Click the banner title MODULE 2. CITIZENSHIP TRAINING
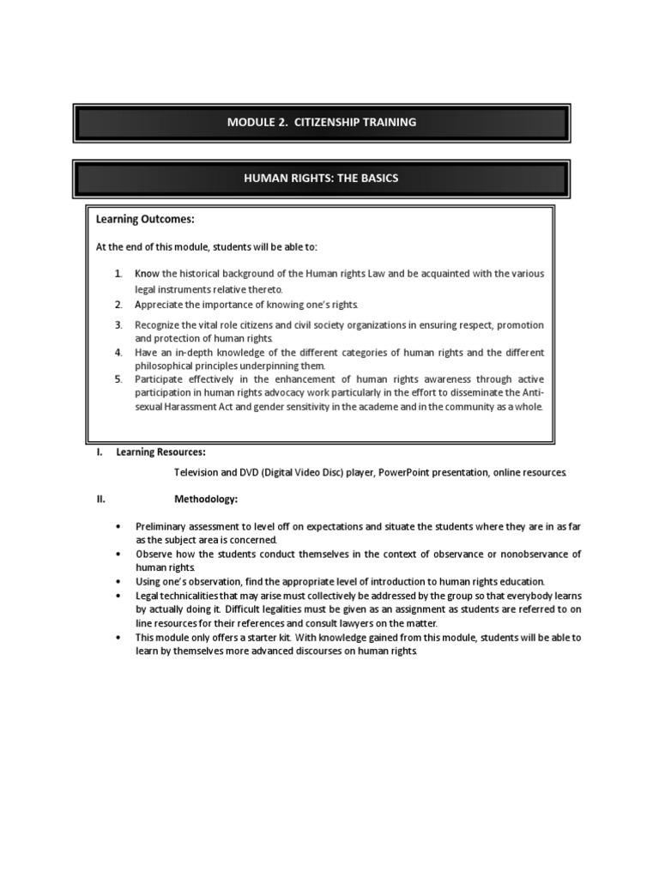(x=322, y=122)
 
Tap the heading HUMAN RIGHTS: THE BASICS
(x=321, y=179)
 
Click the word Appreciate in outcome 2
(x=160, y=305)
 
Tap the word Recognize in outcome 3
(x=160, y=325)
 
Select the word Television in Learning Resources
(x=198, y=472)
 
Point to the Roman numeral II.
(x=100, y=498)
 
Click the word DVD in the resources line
(x=259, y=472)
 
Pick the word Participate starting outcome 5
(x=160, y=379)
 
